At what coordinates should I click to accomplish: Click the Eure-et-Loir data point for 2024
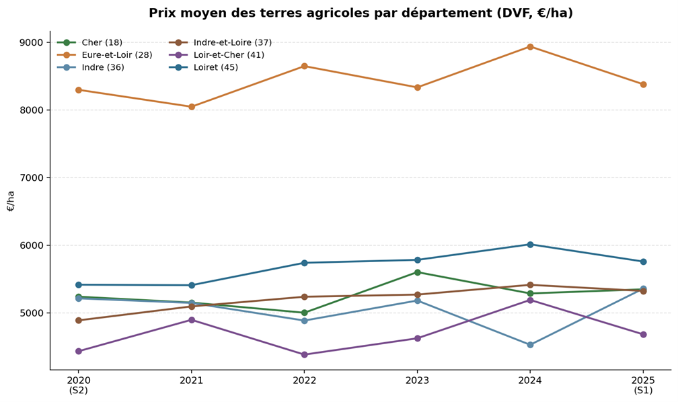530,46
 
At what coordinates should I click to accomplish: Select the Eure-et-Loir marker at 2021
192,107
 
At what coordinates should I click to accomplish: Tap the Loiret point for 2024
530,245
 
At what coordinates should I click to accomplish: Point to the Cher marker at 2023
417,272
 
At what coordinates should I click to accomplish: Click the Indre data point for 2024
530,345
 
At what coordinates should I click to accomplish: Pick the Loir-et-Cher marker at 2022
304,355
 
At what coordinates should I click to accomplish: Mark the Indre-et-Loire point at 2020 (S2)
79,321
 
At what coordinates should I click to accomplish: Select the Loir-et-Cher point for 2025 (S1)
643,335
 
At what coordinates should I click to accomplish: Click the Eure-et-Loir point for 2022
304,66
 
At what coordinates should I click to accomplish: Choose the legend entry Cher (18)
102,42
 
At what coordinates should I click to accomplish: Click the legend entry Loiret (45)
215,67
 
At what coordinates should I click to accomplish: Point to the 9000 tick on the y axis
31,42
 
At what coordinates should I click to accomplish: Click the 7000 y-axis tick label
31,178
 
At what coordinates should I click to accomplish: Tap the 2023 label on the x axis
417,380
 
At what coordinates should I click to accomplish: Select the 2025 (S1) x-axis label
643,385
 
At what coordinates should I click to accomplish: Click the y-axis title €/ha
11,200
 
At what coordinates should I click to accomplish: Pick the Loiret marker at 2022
304,263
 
